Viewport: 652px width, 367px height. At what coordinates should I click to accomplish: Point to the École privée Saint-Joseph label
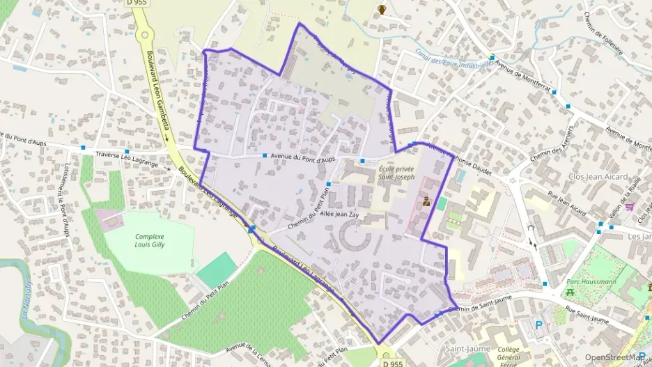396,173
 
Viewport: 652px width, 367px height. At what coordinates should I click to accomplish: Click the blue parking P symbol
538,325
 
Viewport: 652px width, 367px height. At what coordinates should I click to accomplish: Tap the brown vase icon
381,9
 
